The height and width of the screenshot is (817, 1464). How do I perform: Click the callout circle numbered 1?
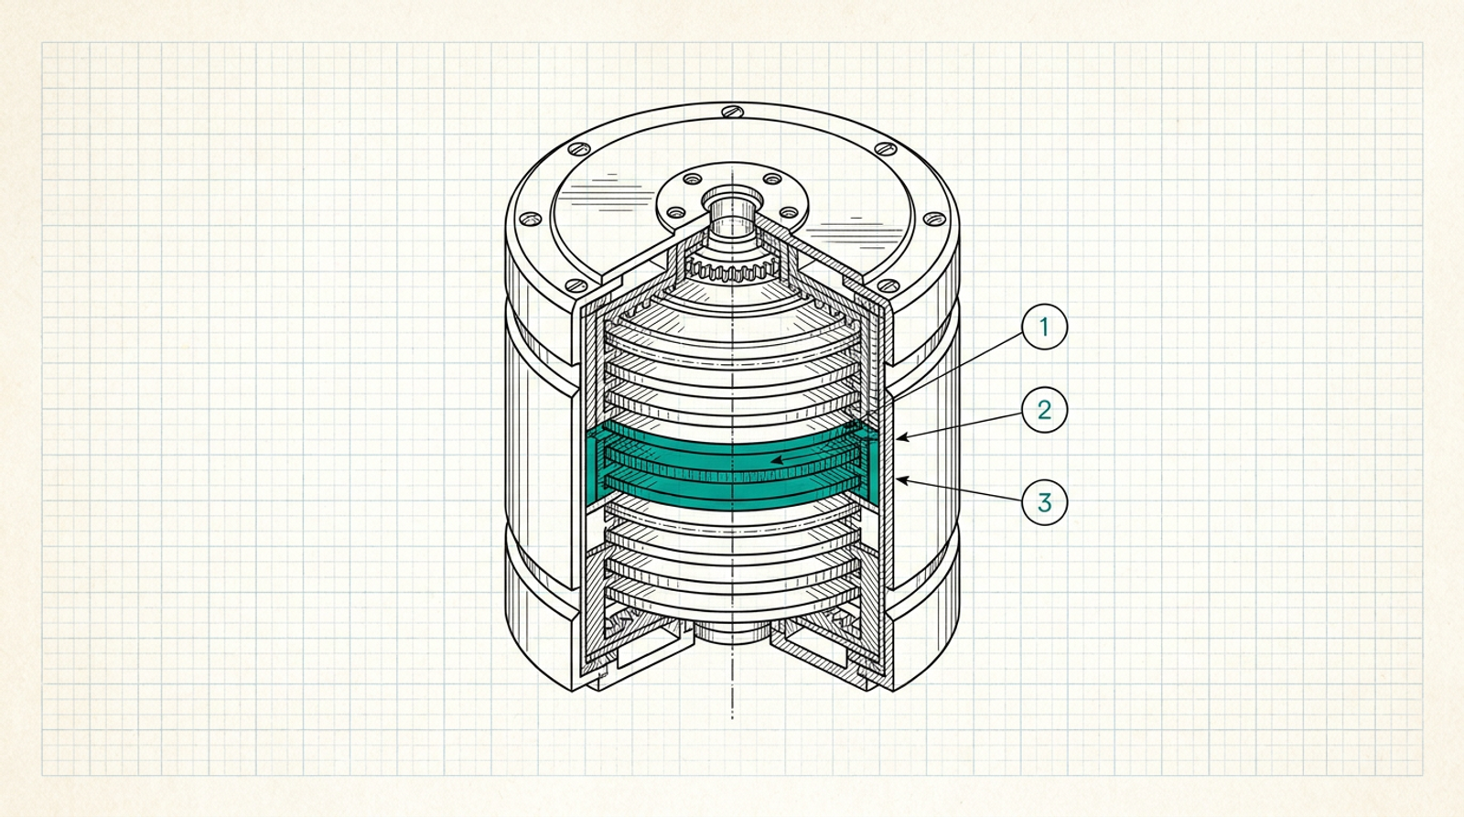point(1044,326)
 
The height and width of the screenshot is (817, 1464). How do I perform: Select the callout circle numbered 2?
point(1044,410)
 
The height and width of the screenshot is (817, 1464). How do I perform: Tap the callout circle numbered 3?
point(1044,502)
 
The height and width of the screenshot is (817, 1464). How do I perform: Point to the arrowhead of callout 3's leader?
point(902,481)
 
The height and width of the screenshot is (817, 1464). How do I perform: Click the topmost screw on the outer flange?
point(733,111)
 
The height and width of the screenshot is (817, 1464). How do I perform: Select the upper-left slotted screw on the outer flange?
point(578,149)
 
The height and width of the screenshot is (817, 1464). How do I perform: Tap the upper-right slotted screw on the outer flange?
point(886,148)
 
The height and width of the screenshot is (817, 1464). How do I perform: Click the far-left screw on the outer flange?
point(530,219)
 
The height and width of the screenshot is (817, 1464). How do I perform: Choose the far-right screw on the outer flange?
point(934,219)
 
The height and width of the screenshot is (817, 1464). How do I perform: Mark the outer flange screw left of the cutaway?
point(576,285)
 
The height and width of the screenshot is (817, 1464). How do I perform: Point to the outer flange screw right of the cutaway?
point(888,285)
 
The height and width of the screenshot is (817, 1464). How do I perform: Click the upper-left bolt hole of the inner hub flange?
point(692,178)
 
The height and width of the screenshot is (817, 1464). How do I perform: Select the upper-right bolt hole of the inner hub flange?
point(772,178)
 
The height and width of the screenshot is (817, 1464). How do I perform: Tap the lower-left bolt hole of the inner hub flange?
point(676,212)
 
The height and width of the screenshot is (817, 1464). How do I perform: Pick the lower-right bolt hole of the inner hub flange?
point(789,212)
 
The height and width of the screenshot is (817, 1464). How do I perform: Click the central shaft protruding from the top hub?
point(733,212)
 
